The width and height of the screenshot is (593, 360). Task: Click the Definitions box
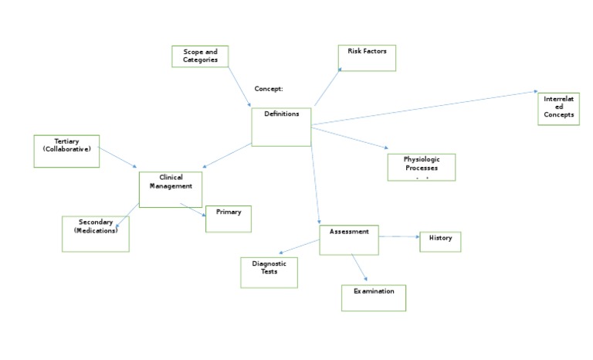point(281,127)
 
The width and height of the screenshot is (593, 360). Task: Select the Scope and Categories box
point(200,56)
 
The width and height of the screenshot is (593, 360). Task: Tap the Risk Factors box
point(367,58)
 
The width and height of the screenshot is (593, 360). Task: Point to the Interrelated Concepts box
point(558,109)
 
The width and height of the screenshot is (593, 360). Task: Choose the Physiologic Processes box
point(421,167)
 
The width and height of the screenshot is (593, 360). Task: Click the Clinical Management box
point(171,189)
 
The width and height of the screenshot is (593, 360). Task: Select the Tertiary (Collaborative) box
point(67,151)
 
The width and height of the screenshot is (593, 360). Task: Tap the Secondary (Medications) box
point(96,234)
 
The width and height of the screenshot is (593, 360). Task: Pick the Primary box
point(229,219)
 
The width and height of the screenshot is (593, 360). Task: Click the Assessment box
point(349,239)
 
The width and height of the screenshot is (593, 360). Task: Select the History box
point(440,242)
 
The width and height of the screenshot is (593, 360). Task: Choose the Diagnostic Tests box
point(269,272)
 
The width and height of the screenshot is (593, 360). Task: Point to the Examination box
point(374,297)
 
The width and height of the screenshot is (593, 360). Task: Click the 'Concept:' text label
point(269,89)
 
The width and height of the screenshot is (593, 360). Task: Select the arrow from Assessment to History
point(398,236)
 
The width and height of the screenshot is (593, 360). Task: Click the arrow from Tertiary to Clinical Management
point(119,158)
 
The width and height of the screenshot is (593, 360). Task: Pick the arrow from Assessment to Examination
point(358,268)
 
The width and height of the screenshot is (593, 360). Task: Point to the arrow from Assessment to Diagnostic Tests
point(300,246)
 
